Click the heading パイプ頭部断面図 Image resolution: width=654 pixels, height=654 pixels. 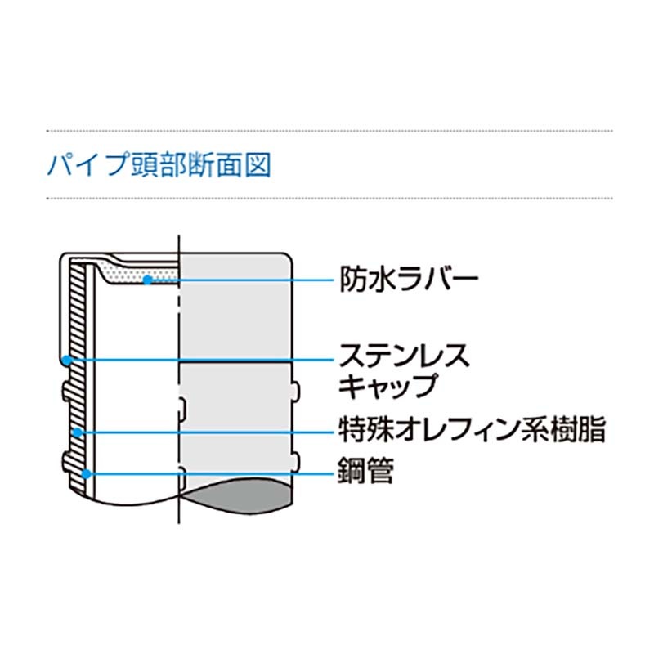(x=159, y=164)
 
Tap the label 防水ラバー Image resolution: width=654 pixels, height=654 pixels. (x=409, y=279)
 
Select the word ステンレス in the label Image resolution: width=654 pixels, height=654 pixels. (x=405, y=356)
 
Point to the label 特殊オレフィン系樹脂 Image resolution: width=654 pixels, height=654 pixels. (x=473, y=430)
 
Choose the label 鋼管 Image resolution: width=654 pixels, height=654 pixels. (x=365, y=470)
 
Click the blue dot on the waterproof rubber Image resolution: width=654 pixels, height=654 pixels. (x=147, y=280)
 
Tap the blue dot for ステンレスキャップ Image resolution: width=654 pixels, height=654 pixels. (x=66, y=360)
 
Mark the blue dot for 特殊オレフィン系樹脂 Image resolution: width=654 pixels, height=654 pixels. (x=78, y=432)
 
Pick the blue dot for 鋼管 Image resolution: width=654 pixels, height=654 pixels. (x=87, y=474)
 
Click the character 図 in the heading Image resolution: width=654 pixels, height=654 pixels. (x=258, y=164)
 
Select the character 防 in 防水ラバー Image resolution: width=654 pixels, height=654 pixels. (x=353, y=279)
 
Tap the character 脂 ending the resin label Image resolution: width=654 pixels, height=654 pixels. (x=592, y=430)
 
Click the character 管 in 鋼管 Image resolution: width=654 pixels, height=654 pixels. (x=380, y=470)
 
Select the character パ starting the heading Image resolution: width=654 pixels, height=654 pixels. (x=61, y=164)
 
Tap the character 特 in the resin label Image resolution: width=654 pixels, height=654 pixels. (x=352, y=430)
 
